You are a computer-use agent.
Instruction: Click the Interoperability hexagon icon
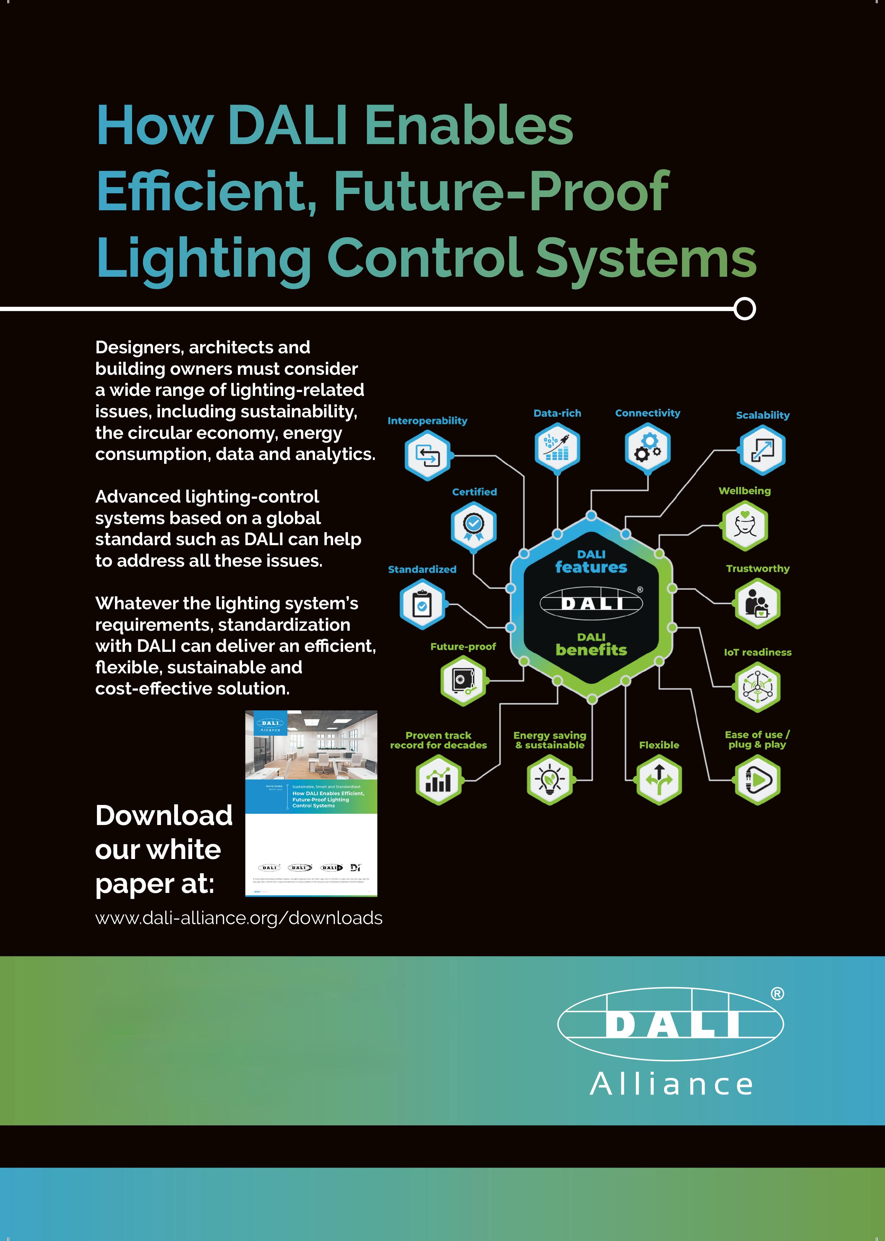(427, 455)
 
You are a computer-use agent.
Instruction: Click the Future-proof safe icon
(463, 681)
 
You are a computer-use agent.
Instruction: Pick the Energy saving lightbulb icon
(549, 780)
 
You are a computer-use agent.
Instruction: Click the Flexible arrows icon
(659, 780)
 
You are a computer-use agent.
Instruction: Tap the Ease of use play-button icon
(758, 780)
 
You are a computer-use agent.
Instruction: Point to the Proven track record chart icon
(438, 780)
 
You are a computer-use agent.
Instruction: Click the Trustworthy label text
(758, 568)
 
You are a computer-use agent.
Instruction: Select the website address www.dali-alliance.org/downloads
(239, 918)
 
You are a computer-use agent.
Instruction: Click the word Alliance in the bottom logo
(671, 1084)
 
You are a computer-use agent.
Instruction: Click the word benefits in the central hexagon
(591, 650)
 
